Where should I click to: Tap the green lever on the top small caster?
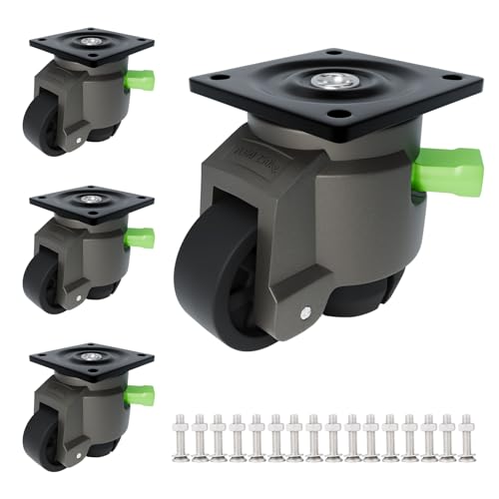point(141,79)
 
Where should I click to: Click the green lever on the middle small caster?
point(141,238)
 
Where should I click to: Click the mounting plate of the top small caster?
point(92,44)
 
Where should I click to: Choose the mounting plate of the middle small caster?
point(92,201)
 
